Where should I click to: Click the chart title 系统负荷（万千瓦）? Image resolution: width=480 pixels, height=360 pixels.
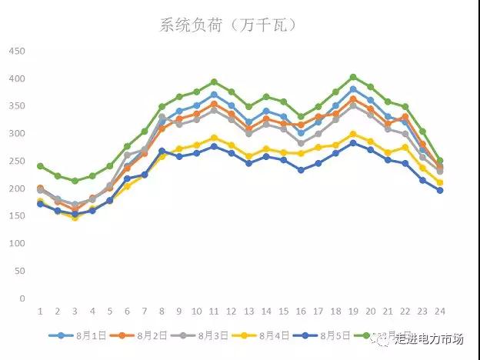pos(228,25)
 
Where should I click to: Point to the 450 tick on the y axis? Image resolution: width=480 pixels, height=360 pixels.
pos(17,52)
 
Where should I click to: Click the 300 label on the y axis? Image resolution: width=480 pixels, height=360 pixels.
pos(17,134)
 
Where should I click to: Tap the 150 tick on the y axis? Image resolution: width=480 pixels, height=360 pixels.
pos(17,216)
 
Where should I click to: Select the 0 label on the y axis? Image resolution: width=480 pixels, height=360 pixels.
pos(22,298)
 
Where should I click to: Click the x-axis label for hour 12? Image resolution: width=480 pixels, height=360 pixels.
pos(231,312)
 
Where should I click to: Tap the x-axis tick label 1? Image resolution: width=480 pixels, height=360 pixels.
pos(40,312)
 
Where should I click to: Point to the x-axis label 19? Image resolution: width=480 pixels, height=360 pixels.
pos(352,312)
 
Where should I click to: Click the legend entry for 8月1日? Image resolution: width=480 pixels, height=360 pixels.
pos(77,336)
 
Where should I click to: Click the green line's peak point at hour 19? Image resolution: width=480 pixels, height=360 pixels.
pos(352,77)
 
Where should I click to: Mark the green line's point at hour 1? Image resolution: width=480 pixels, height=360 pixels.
pos(40,166)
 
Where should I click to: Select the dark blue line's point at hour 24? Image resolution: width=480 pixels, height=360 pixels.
pos(439,190)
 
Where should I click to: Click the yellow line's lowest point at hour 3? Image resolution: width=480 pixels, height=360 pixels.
pos(75,218)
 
